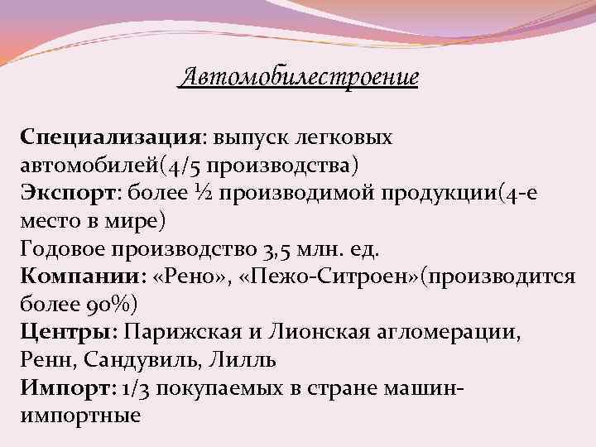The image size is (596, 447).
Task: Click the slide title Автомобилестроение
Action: pos(299,79)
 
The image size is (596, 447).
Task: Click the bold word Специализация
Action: pos(111,136)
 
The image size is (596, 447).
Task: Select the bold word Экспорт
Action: pos(70,192)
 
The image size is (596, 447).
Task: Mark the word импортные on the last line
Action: pos(79,416)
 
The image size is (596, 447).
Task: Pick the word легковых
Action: pos(347,136)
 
